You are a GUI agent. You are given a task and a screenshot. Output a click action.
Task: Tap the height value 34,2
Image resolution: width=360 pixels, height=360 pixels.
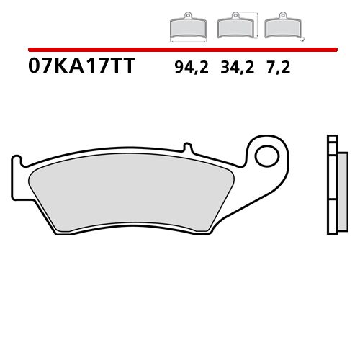tap(234, 69)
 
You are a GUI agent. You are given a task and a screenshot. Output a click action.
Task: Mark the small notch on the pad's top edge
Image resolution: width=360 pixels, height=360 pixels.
tap(191, 148)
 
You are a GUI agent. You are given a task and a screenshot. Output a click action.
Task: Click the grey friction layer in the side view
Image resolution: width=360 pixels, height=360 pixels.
tap(336, 191)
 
